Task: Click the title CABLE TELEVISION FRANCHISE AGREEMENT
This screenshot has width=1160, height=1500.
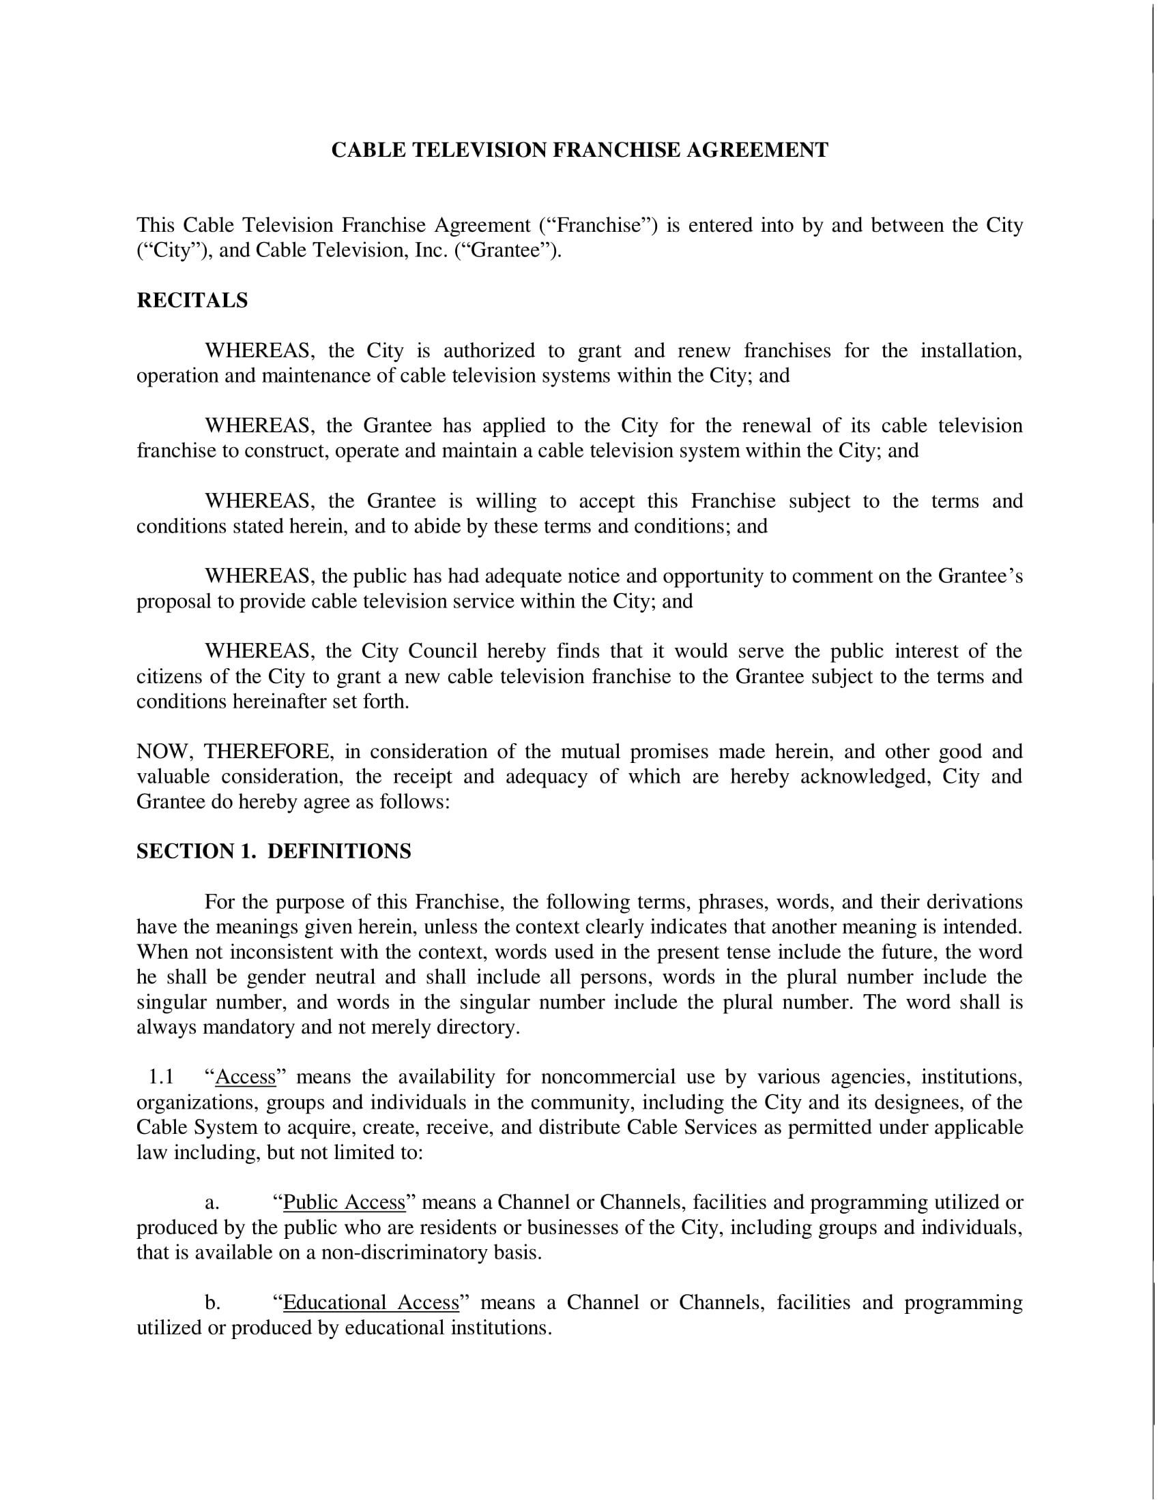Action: (579, 151)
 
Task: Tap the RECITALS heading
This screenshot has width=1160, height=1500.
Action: (192, 301)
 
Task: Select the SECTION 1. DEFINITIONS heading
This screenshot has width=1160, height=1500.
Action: (274, 852)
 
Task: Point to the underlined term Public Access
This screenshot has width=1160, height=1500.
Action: (345, 1203)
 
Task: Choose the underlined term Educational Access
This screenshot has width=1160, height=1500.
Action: (371, 1303)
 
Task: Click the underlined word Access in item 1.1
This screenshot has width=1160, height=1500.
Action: (246, 1077)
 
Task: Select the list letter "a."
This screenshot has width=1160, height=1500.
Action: (212, 1203)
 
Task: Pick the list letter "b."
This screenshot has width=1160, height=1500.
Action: (212, 1303)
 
